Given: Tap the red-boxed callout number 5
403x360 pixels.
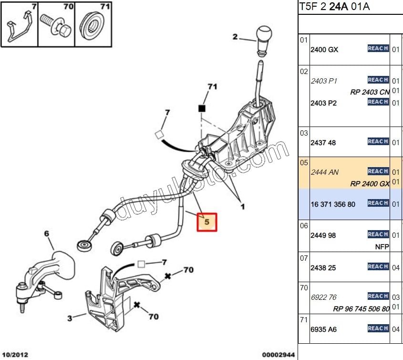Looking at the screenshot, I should point(207,222).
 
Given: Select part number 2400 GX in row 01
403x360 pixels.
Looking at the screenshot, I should point(324,49).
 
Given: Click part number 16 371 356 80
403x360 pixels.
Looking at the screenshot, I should point(333,204).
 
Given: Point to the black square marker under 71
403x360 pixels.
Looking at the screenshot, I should point(202,108).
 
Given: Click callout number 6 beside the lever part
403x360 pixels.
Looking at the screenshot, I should point(47,233).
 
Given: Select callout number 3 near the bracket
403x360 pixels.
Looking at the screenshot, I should point(70,318).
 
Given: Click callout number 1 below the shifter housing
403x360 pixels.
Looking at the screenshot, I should point(242,207).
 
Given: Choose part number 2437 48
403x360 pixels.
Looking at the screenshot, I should point(323,143).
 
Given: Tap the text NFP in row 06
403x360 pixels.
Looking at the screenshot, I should point(382,246).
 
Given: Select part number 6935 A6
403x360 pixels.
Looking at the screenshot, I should point(324,329).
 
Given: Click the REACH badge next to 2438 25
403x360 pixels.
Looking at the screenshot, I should point(378,267).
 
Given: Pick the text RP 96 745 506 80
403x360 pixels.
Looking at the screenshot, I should point(361,308).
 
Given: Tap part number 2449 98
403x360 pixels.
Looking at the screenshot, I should point(323,235).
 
